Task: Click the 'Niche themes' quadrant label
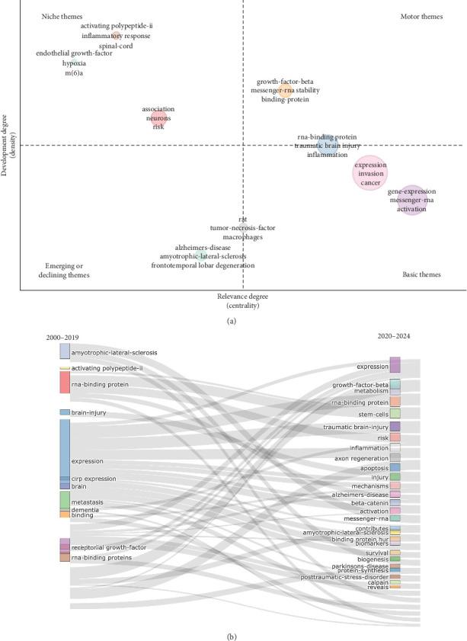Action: [x=61, y=16]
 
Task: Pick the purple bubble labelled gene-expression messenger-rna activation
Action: [x=411, y=200]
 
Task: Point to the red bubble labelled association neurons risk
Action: [x=158, y=118]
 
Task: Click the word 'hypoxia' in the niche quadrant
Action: [x=74, y=63]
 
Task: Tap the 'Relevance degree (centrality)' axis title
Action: [x=242, y=300]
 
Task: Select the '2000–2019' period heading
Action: [x=62, y=337]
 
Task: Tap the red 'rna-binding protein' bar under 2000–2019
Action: [x=65, y=383]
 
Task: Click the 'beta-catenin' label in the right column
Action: [x=369, y=503]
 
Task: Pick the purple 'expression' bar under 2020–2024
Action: [x=395, y=365]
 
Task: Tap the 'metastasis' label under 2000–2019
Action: [x=87, y=502]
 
